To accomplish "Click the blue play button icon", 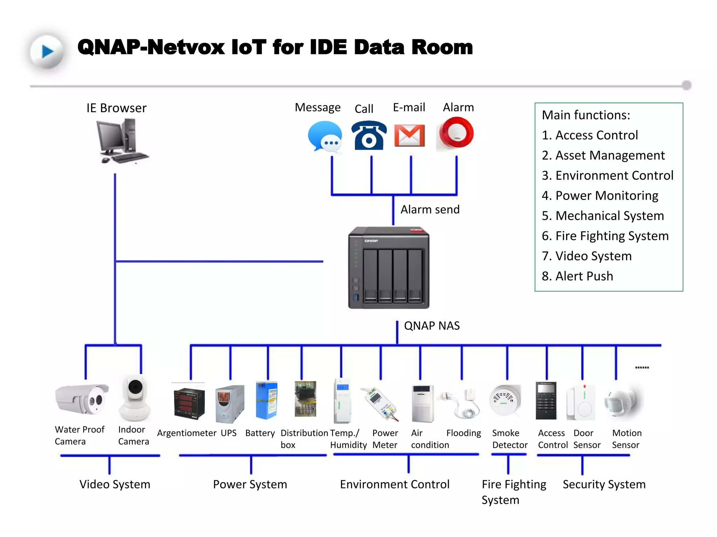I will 47,51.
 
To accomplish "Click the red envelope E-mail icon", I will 409,136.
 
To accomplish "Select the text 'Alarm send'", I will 430,209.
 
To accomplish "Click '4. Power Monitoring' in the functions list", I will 600,195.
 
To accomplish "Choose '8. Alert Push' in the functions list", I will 577,276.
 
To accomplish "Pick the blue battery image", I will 266,400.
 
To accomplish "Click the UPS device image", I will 229,404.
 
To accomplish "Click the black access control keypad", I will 546,401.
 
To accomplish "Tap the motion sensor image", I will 623,402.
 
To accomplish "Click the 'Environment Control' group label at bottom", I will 395,484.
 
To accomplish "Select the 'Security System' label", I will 604,484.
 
